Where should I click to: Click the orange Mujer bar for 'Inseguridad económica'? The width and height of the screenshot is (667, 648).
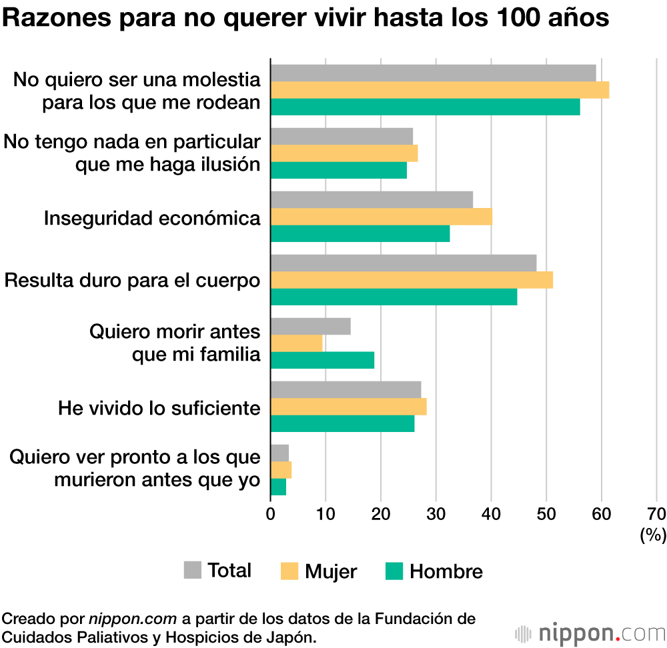coord(381,217)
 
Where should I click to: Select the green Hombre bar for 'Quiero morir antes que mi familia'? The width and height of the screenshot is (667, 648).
coord(322,360)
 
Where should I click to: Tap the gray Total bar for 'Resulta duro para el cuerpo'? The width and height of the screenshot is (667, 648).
coord(404,263)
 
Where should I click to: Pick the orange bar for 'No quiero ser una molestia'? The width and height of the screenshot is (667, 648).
coord(440,90)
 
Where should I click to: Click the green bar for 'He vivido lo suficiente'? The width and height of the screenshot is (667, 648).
coord(342,423)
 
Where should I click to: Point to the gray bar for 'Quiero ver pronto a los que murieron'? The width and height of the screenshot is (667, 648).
coord(279,453)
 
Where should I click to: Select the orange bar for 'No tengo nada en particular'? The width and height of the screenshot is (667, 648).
coord(344,153)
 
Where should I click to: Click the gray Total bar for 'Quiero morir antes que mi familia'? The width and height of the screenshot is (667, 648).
coord(310,327)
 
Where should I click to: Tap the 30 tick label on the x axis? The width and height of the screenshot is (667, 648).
coord(436,513)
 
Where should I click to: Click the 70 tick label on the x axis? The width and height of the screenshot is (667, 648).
coord(656,513)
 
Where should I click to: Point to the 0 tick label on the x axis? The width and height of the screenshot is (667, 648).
coord(271,513)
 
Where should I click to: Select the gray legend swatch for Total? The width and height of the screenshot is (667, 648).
coord(192,570)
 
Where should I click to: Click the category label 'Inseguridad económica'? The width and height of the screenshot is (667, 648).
coord(152,218)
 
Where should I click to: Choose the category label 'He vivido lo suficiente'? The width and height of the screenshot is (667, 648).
coord(159,407)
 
